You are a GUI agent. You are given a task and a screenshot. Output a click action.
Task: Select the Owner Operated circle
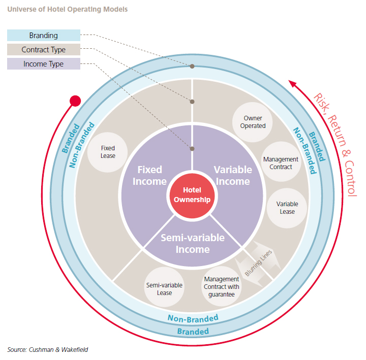tap(253, 122)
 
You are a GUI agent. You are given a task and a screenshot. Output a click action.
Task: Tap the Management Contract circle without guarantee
tap(281, 163)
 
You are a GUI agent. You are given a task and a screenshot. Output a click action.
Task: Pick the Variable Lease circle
tap(287, 208)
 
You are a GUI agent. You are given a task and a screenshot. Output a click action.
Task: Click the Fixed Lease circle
tap(108, 151)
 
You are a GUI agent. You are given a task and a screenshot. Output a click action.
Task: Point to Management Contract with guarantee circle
tap(221, 286)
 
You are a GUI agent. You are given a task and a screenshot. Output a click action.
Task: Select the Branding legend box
tap(44, 36)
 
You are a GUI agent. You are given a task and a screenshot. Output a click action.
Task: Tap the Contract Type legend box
tap(44, 50)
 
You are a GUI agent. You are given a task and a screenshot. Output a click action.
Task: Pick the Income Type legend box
tap(44, 64)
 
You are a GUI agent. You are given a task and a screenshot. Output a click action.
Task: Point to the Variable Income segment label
tap(231, 175)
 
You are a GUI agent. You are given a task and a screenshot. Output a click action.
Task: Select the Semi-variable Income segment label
tap(193, 243)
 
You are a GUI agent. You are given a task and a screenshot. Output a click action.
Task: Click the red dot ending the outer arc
tap(75, 101)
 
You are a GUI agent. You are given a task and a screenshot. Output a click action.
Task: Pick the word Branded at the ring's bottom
tap(193, 331)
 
